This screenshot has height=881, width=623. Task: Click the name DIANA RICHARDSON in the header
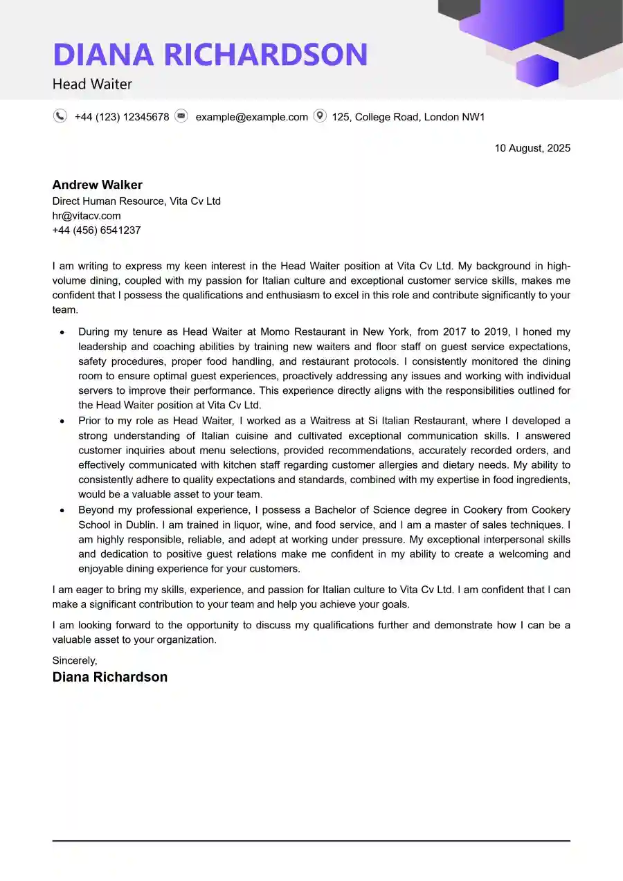[210, 55]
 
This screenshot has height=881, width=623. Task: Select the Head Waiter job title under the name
[92, 84]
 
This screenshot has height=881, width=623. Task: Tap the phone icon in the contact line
[60, 116]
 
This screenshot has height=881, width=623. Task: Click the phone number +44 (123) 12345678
[122, 117]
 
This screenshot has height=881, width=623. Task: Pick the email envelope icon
[181, 116]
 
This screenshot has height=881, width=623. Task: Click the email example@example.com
[251, 117]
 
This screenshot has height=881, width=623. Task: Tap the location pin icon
[320, 116]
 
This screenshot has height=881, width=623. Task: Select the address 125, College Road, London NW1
[408, 117]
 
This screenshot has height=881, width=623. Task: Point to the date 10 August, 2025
[532, 148]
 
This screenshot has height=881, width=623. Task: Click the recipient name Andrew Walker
[98, 185]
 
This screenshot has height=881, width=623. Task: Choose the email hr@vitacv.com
[87, 216]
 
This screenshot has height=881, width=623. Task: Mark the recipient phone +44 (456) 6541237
[96, 230]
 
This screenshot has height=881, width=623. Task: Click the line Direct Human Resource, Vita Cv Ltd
[136, 201]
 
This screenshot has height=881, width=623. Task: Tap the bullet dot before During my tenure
[62, 333]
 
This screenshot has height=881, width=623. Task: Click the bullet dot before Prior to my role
[62, 421]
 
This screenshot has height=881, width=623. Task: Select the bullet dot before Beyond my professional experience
[62, 510]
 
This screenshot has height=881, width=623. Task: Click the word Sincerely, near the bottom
[75, 661]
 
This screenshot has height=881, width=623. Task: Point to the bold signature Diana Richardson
[110, 677]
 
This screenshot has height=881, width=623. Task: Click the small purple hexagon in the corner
[537, 71]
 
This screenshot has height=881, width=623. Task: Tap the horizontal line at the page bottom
[311, 841]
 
